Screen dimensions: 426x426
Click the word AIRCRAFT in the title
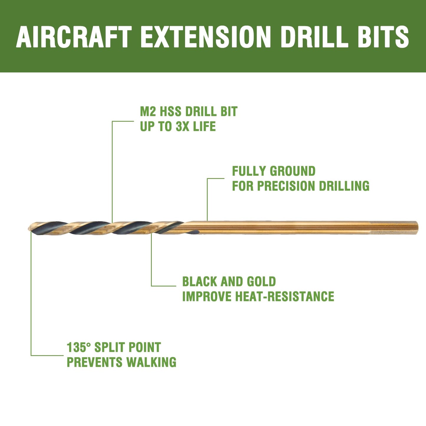tap(74, 37)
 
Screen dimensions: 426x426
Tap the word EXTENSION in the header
tap(205, 37)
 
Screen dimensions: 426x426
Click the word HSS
tap(171, 112)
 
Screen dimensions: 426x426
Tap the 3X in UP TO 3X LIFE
tap(183, 126)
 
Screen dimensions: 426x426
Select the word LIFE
tap(205, 126)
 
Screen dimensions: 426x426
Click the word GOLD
tap(261, 282)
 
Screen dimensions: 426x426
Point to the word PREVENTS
tap(95, 362)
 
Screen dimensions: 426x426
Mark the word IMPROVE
tap(207, 297)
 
